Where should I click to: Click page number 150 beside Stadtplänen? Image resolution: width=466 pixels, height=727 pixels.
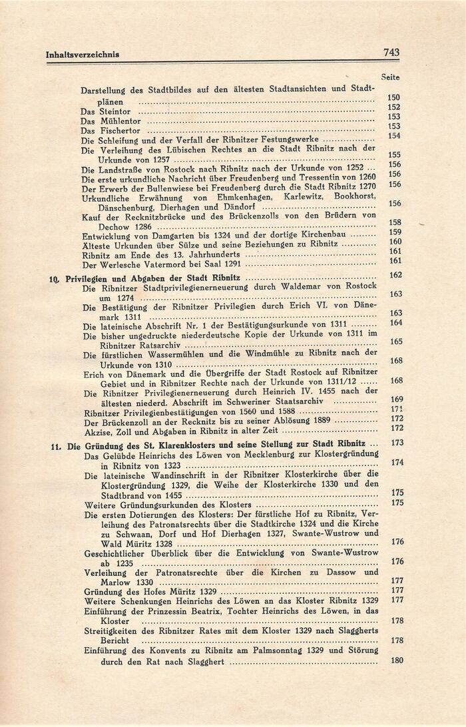pos(393,97)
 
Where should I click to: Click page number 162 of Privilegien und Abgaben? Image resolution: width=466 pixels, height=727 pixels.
pos(395,276)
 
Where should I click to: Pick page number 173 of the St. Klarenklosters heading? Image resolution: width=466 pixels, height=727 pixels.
pos(398,443)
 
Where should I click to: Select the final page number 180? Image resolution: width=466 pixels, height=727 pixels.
pos(398,660)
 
